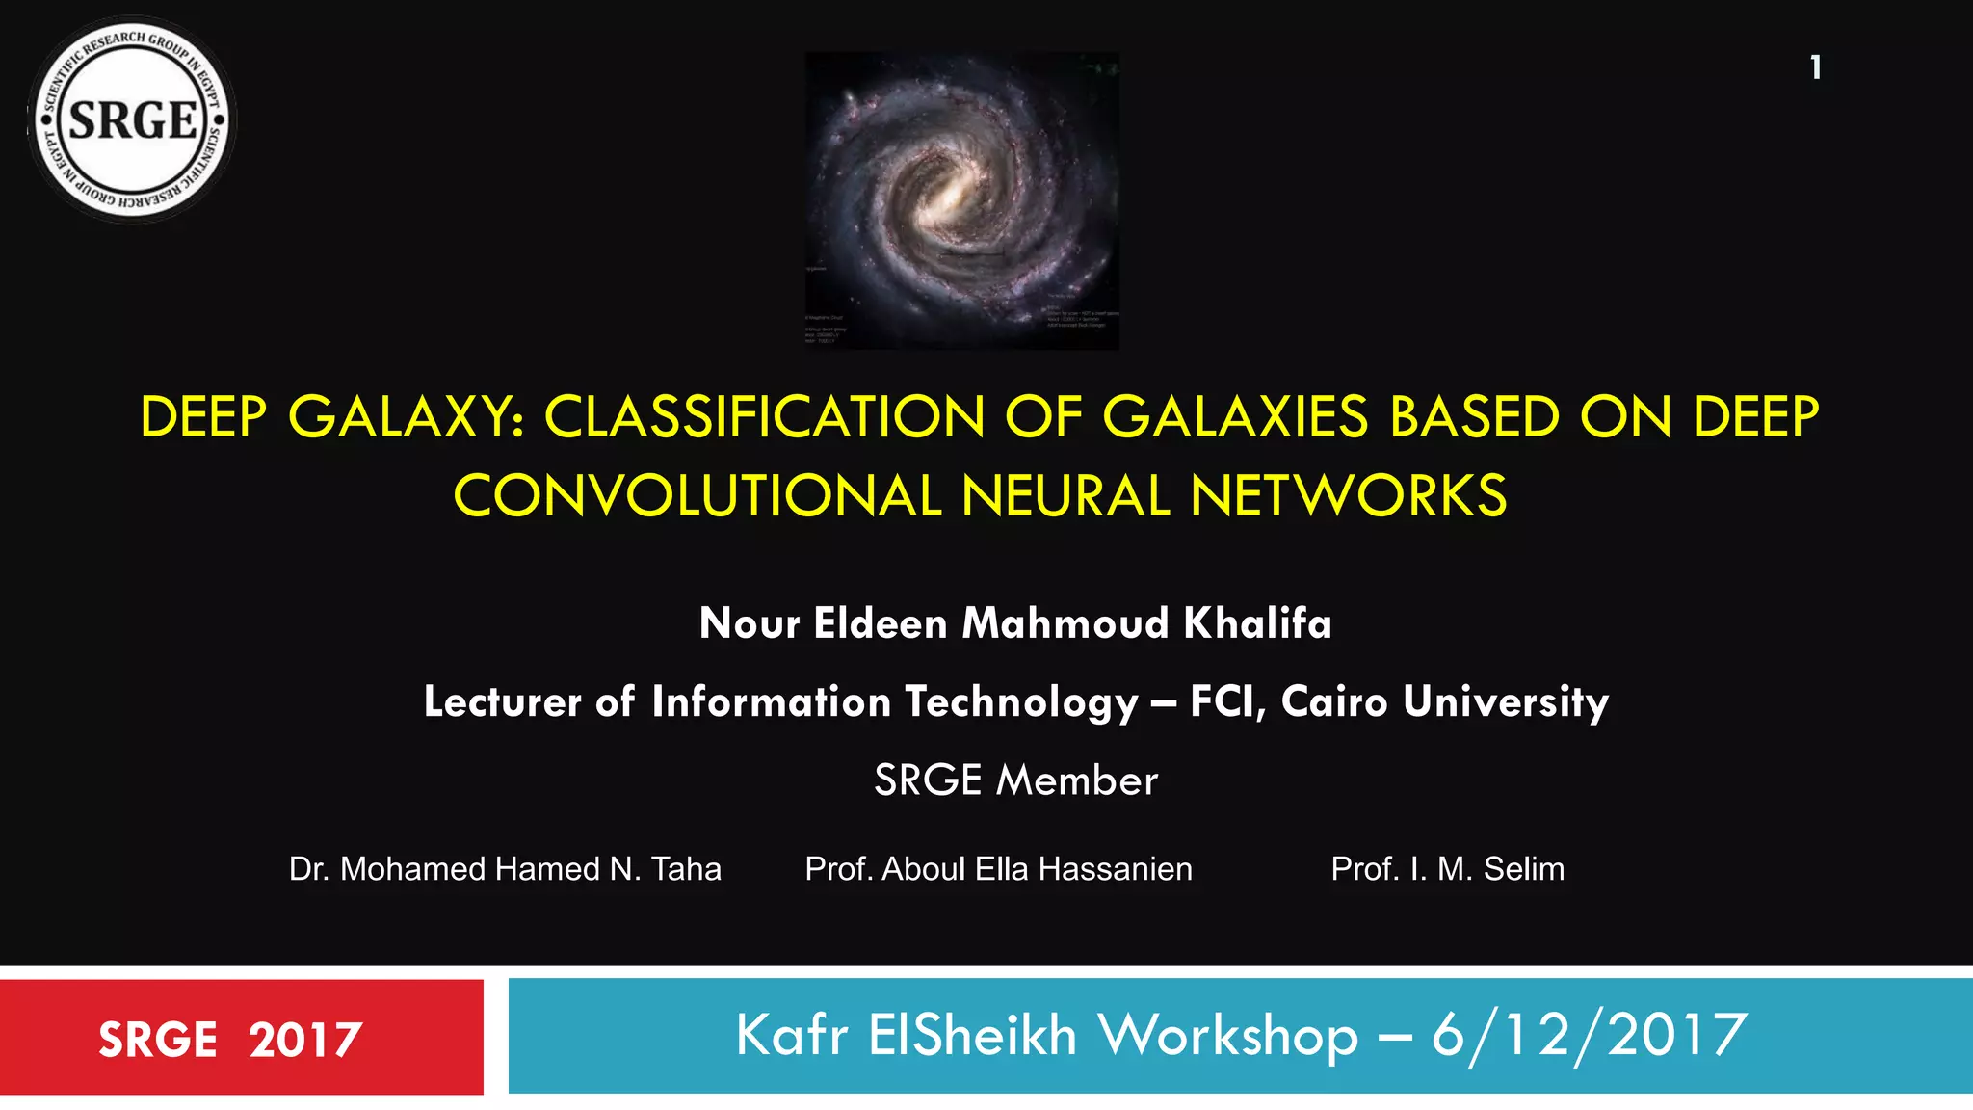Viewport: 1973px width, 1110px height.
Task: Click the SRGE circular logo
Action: [132, 120]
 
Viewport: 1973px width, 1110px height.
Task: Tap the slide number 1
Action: [1815, 67]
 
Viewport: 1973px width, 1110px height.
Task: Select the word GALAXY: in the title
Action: [406, 417]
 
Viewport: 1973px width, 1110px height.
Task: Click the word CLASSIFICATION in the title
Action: [764, 417]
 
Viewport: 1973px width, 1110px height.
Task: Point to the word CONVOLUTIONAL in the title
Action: [697, 496]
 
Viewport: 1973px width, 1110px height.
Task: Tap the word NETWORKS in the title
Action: [1348, 496]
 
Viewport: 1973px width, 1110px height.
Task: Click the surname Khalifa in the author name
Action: [1257, 623]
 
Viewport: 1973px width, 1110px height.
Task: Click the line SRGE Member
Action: [1015, 780]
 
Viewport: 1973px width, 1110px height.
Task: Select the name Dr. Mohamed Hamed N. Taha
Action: [505, 869]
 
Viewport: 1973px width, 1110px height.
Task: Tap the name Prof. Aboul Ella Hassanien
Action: [998, 869]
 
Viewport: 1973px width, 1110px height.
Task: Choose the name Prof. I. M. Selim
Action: [1447, 869]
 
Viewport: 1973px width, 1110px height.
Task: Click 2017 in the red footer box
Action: [305, 1040]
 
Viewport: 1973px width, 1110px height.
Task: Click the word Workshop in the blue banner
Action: [1228, 1036]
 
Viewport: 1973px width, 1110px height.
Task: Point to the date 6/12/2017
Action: [1589, 1036]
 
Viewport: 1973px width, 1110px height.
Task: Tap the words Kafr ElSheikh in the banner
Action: [906, 1036]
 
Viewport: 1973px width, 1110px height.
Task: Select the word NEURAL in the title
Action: [1065, 496]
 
